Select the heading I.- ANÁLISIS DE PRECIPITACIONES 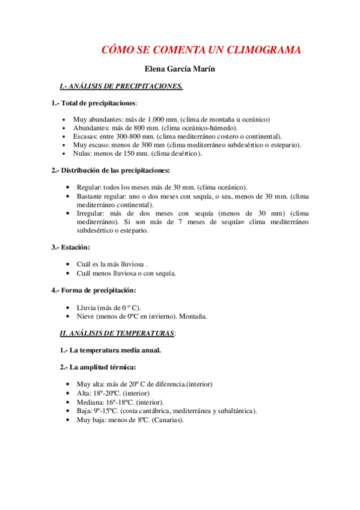coord(121,87)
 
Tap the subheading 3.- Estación coord(71,247)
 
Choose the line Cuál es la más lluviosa coord(112,264)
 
